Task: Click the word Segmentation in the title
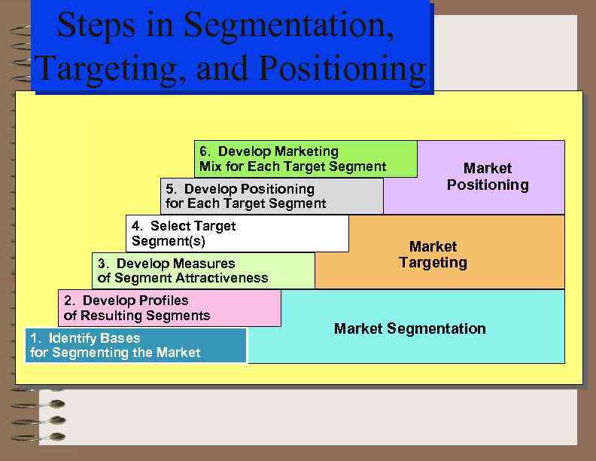288,27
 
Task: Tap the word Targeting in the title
111,69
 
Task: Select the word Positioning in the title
342,69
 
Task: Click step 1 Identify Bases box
136,345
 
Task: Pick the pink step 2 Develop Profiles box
169,308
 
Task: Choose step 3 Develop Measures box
203,270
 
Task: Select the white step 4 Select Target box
237,234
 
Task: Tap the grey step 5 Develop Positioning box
272,196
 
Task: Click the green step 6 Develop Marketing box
306,159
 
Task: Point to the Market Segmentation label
409,328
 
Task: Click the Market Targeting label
433,255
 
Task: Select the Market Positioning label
488,176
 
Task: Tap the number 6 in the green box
203,152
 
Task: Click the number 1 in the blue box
34,337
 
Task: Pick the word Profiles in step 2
163,301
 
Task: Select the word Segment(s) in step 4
168,241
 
